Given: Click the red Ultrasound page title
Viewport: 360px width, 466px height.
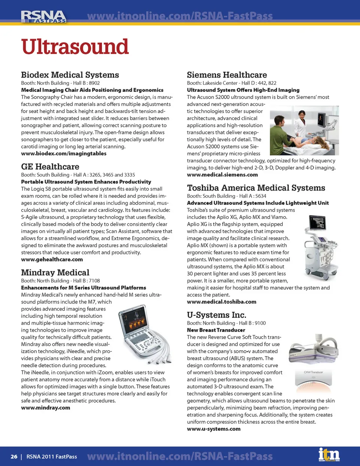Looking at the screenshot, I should (x=75, y=47).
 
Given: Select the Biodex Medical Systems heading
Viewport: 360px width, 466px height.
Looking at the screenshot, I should (x=70, y=75).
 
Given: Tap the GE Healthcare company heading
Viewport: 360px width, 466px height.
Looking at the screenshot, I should (x=50, y=167).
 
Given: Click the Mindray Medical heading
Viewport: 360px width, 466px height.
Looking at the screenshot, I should (x=55, y=273).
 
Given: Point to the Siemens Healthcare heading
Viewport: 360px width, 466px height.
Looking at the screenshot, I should (x=227, y=75).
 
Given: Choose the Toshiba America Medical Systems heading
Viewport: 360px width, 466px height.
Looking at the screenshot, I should (x=256, y=188).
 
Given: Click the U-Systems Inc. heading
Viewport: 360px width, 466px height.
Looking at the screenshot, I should (x=216, y=315).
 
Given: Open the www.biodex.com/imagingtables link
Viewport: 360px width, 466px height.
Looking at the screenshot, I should (x=64, y=153).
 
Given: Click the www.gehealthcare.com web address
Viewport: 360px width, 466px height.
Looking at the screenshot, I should (x=52, y=259).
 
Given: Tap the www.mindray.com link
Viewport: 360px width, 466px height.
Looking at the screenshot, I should (x=45, y=407).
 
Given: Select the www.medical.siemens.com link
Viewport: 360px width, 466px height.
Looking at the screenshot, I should (x=222, y=174).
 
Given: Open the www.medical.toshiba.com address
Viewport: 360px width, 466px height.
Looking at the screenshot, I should (x=222, y=302).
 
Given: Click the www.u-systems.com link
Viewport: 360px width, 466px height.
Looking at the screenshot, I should (x=214, y=429).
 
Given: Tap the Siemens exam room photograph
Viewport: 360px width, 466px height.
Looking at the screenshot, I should (x=304, y=131).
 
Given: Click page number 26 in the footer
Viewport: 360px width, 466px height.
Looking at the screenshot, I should (x=14, y=457).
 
